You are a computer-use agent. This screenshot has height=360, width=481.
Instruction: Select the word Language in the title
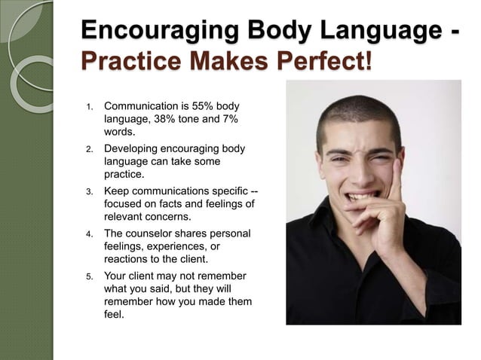click(x=376, y=32)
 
